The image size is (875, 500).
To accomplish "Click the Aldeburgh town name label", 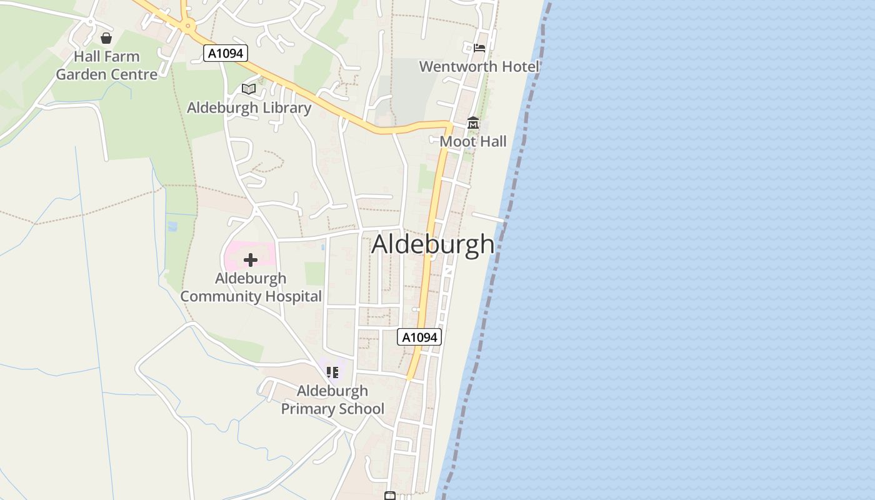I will click(432, 244).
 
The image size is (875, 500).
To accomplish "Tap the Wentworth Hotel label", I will click(479, 66).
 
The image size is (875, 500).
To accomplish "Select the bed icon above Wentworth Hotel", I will click(479, 47).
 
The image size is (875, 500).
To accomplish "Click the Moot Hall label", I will click(473, 141).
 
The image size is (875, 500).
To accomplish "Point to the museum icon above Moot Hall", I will click(472, 123).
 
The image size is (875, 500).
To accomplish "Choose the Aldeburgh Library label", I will click(249, 107).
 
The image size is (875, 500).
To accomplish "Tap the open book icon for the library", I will click(249, 89).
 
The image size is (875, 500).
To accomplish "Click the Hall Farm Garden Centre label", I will click(107, 66).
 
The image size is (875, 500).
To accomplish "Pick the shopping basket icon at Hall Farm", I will click(106, 38).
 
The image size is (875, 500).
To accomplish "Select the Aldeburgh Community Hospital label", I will click(251, 287).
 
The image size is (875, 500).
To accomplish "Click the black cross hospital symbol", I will click(251, 259).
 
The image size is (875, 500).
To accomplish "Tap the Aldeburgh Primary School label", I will click(332, 400).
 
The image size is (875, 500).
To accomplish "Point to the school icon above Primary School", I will click(332, 372).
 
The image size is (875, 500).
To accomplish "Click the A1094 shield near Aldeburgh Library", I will click(226, 53).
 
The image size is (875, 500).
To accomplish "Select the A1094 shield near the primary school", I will click(419, 337).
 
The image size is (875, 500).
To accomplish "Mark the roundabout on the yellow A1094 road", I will click(187, 26).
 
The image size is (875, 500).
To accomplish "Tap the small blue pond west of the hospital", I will click(172, 223).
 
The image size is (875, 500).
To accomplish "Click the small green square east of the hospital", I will click(315, 274).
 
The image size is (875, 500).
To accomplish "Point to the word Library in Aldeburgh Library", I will click(287, 107).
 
